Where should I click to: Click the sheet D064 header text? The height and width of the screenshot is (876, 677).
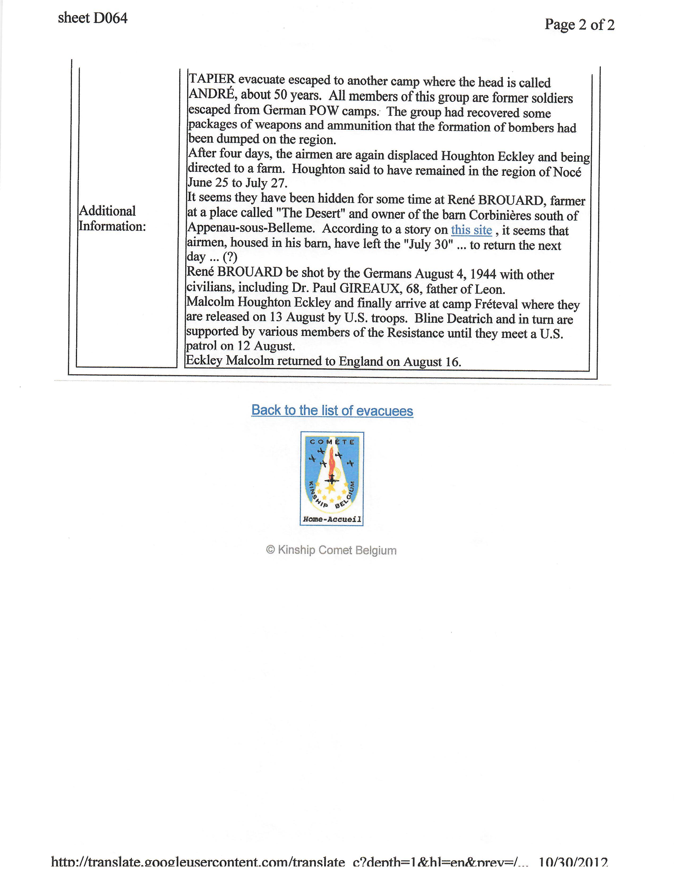93,18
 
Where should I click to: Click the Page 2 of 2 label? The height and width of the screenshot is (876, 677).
579,25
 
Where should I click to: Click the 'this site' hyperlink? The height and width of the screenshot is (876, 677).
471,230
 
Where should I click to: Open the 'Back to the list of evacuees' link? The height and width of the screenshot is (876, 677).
332,410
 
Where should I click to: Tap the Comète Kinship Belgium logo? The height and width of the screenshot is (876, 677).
332,474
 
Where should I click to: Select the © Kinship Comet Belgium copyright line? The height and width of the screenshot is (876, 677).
331,550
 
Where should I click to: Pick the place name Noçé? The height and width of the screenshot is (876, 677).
567,172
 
